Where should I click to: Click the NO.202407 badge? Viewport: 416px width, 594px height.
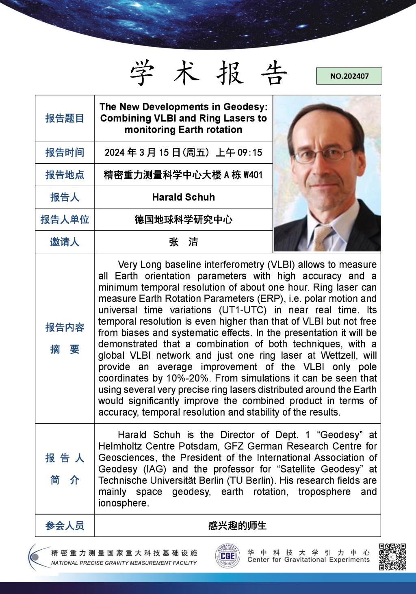pos(349,76)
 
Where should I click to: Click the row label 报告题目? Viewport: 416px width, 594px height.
pos(65,118)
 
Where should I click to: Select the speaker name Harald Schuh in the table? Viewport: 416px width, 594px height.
pos(183,197)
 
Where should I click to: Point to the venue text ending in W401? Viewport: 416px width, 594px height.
pos(183,175)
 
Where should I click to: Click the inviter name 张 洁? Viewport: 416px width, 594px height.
pos(183,242)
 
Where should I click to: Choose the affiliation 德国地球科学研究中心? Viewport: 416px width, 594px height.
pos(183,220)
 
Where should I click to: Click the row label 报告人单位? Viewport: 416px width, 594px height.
pos(65,220)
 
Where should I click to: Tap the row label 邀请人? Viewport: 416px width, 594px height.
pos(65,242)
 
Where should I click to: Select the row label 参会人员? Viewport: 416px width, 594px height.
pos(65,526)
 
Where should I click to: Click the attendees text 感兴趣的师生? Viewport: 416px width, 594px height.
pos(237,526)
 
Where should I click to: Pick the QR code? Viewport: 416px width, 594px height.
pos(392,557)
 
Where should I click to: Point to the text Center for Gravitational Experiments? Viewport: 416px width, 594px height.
pos(308,560)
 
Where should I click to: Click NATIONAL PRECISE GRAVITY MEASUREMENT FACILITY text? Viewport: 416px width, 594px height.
pos(124,563)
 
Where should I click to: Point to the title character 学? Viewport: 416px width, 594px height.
pos(143,74)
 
